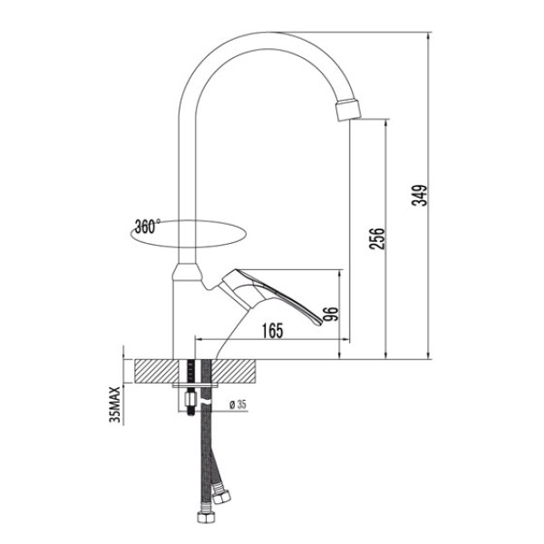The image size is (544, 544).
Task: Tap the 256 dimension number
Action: [381, 238]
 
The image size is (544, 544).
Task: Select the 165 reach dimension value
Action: [270, 331]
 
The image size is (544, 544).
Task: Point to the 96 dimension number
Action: [333, 313]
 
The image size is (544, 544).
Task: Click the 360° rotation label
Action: [146, 227]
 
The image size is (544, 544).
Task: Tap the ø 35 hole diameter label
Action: [238, 403]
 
